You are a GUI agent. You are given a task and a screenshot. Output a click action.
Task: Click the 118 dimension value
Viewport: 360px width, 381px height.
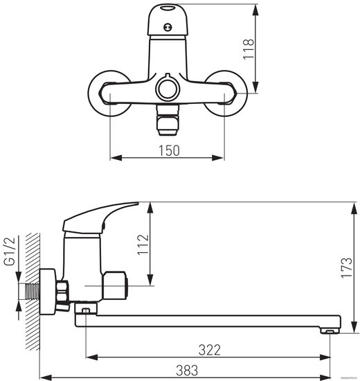pyautogui.click(x=249, y=49)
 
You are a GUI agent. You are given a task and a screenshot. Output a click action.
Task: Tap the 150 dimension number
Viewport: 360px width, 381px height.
pyautogui.click(x=169, y=150)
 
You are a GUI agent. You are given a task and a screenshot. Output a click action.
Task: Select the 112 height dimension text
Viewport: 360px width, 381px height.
pyautogui.click(x=143, y=245)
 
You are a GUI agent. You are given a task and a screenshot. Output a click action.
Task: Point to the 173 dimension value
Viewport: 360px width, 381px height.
pyautogui.click(x=347, y=267)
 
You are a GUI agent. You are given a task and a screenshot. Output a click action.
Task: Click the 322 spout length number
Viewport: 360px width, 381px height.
pyautogui.click(x=210, y=350)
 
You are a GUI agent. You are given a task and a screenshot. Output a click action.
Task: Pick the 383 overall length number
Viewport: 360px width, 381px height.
pyautogui.click(x=187, y=371)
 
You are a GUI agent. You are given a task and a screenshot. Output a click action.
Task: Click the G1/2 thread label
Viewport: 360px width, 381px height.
pyautogui.click(x=10, y=251)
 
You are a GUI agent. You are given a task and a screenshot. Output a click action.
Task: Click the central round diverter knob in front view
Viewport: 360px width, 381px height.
pyautogui.click(x=168, y=88)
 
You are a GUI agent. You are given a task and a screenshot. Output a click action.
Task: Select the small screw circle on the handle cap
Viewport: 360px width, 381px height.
pyautogui.click(x=168, y=27)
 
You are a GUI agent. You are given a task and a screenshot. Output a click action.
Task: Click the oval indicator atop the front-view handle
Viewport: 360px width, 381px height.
pyautogui.click(x=168, y=8)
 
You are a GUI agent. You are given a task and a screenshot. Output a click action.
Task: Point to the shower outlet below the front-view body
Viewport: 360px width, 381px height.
pyautogui.click(x=168, y=120)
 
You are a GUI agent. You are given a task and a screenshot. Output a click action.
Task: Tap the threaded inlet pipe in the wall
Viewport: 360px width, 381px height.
pyautogui.click(x=32, y=291)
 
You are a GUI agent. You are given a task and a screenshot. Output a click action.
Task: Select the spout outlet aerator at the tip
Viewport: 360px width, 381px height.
pyautogui.click(x=330, y=330)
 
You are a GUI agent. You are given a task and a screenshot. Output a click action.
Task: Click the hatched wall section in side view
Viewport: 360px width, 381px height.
pyautogui.click(x=33, y=292)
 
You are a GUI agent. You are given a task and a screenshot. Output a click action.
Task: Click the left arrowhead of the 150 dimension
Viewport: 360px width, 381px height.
pyautogui.click(x=116, y=158)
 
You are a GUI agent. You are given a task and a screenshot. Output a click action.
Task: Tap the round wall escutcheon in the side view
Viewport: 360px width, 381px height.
pyautogui.click(x=48, y=292)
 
